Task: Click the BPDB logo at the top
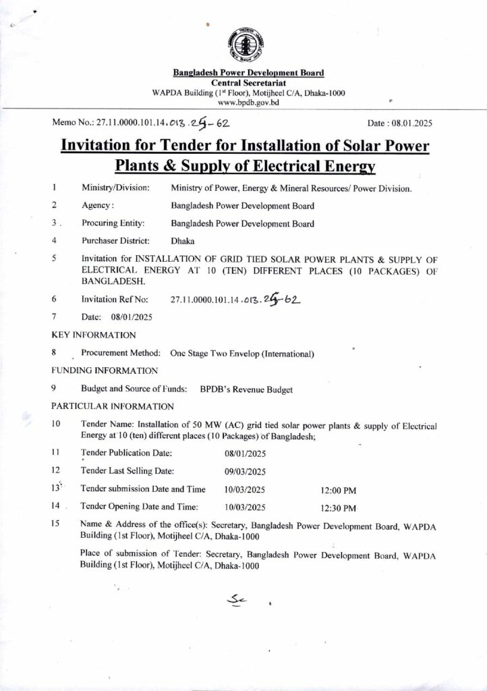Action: pyautogui.click(x=243, y=43)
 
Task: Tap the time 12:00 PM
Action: pyautogui.click(x=339, y=490)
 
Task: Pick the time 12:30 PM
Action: pyautogui.click(x=339, y=507)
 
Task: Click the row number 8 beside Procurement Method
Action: pyautogui.click(x=53, y=352)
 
